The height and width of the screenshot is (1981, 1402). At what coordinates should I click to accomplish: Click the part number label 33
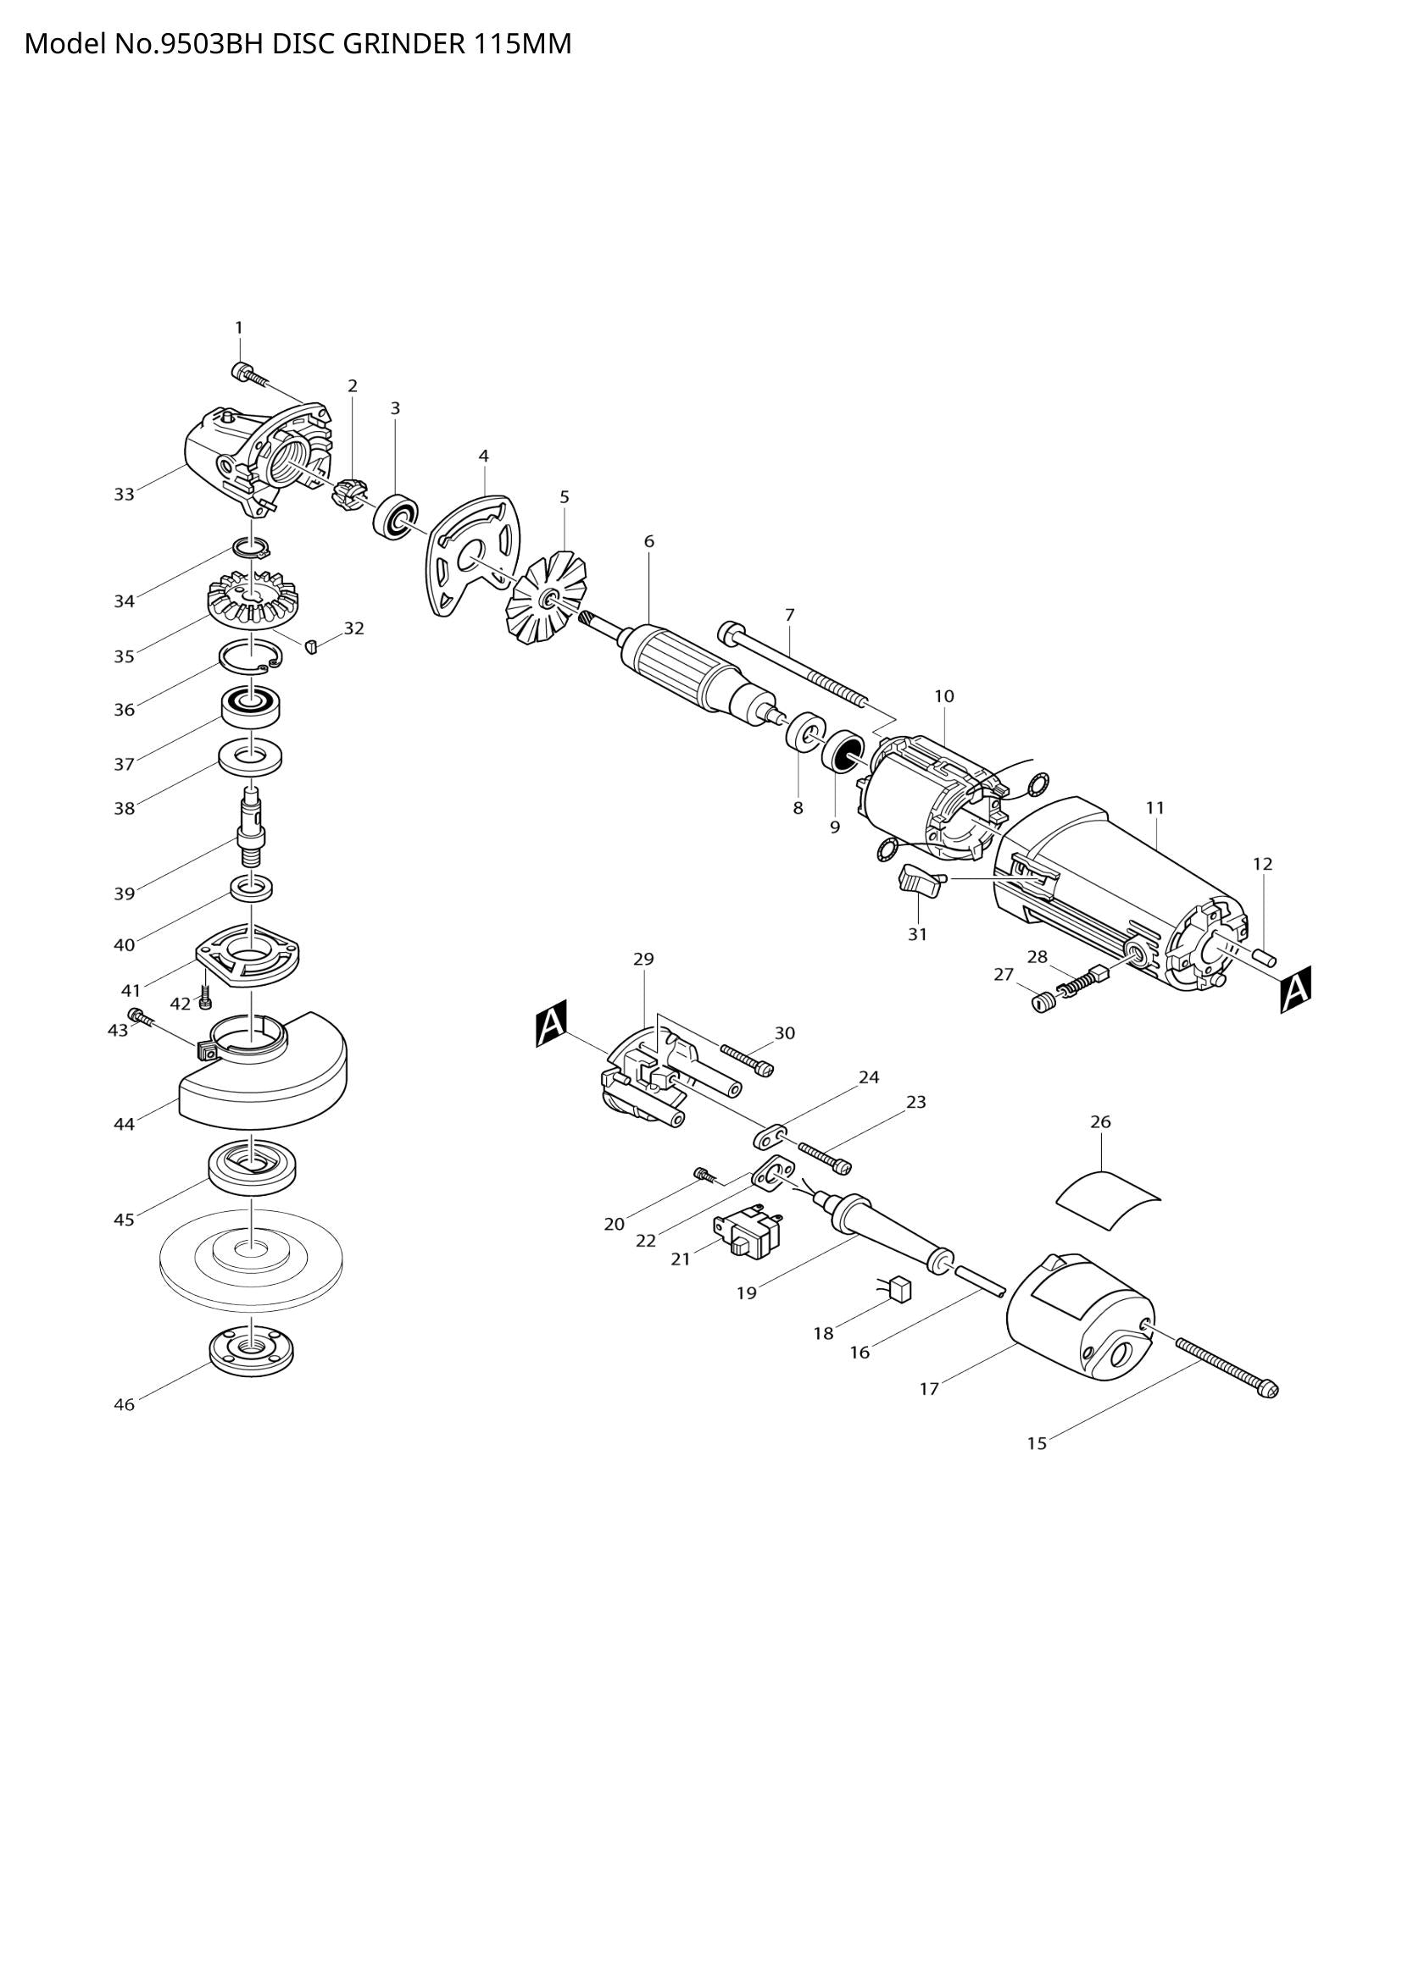[125, 495]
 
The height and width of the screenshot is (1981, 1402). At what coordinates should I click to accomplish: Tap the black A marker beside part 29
[551, 1023]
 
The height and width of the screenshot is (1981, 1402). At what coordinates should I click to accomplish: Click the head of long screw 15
[1269, 1389]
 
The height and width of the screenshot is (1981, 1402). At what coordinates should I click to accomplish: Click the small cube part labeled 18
[901, 1289]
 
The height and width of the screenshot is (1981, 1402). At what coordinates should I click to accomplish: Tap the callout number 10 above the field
[943, 695]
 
